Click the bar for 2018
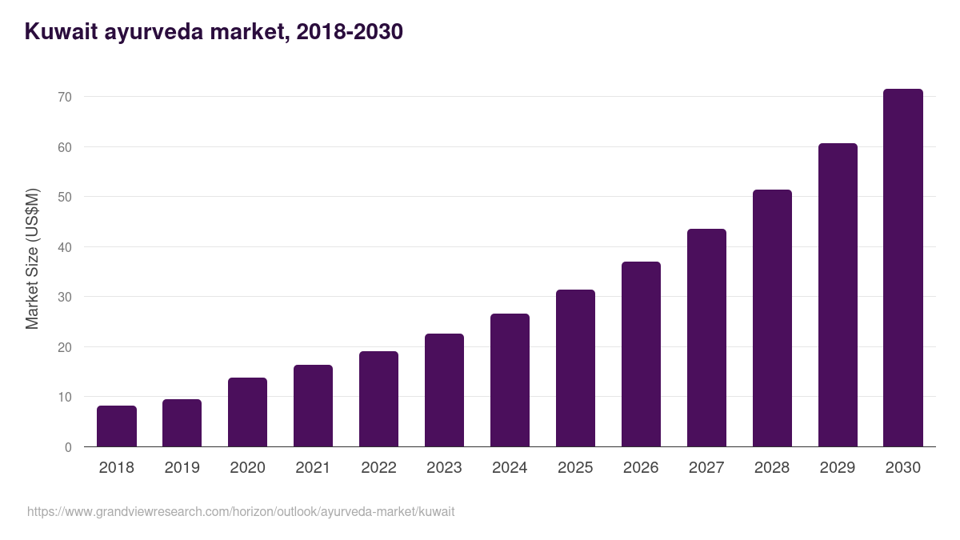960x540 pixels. pyautogui.click(x=117, y=426)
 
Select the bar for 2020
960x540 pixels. pyautogui.click(x=247, y=412)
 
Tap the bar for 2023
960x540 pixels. pyautogui.click(x=444, y=390)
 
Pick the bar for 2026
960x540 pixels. pyautogui.click(x=641, y=354)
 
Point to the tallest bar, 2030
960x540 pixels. pyautogui.click(x=903, y=268)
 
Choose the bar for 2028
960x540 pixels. pyautogui.click(x=772, y=318)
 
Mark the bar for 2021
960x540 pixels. pyautogui.click(x=313, y=406)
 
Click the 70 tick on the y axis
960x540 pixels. pyautogui.click(x=64, y=97)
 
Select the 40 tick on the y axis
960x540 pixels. pyautogui.click(x=64, y=247)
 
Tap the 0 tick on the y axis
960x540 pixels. pyautogui.click(x=68, y=447)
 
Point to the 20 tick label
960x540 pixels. pyautogui.click(x=64, y=347)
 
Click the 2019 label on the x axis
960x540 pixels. pyautogui.click(x=182, y=468)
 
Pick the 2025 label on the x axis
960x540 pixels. pyautogui.click(x=575, y=468)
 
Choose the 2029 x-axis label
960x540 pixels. pyautogui.click(x=838, y=468)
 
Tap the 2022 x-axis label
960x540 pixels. pyautogui.click(x=378, y=468)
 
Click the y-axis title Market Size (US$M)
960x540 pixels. pyautogui.click(x=32, y=258)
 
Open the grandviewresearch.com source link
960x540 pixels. pyautogui.click(x=240, y=511)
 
